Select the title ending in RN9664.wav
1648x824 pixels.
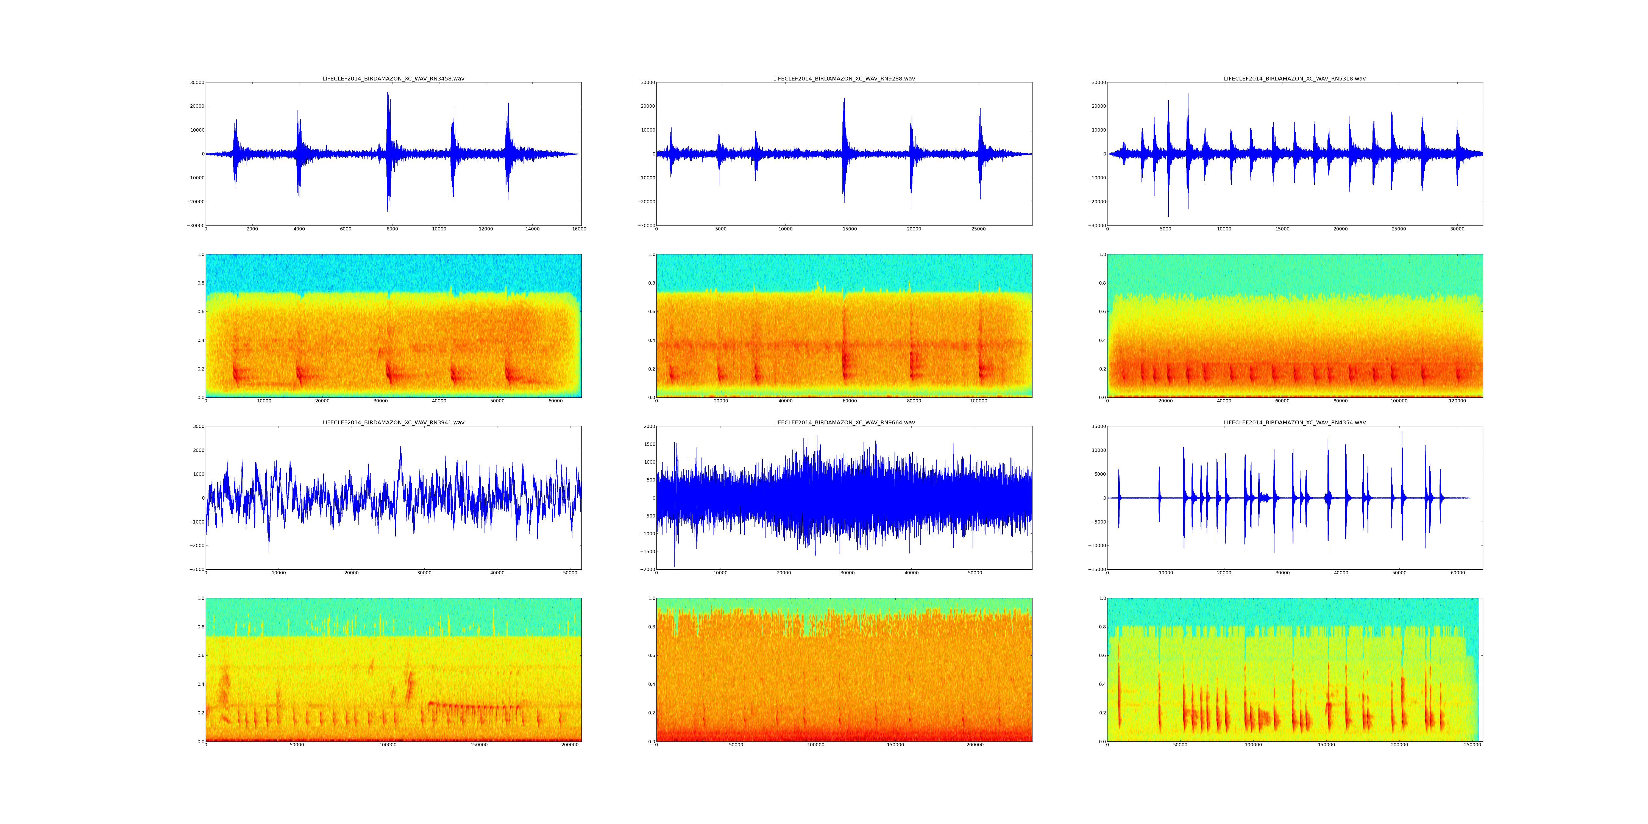[844, 423]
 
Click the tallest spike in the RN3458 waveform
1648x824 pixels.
[387, 94]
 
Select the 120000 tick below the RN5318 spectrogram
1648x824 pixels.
[1457, 401]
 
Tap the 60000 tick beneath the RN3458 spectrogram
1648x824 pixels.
[555, 401]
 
